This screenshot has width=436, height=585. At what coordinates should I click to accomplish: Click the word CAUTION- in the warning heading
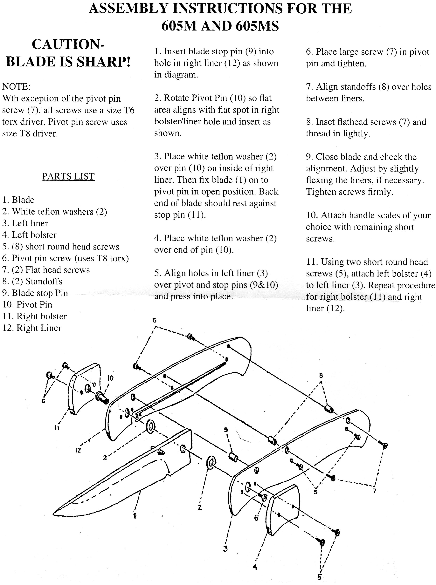tap(68, 44)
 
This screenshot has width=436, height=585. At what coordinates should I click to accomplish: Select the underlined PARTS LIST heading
tap(68, 176)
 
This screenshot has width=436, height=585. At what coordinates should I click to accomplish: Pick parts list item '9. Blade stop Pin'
tap(35, 293)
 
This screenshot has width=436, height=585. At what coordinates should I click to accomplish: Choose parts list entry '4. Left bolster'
tap(29, 235)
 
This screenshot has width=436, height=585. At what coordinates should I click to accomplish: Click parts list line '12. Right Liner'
tap(32, 328)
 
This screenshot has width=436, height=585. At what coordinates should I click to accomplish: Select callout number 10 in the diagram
tap(111, 378)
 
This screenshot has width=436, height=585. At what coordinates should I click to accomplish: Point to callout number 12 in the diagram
tap(78, 450)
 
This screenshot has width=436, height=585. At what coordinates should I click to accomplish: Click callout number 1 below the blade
tap(135, 515)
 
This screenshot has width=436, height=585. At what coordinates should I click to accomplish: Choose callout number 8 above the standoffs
tap(321, 375)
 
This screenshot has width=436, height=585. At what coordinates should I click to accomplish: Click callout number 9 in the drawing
tap(226, 430)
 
